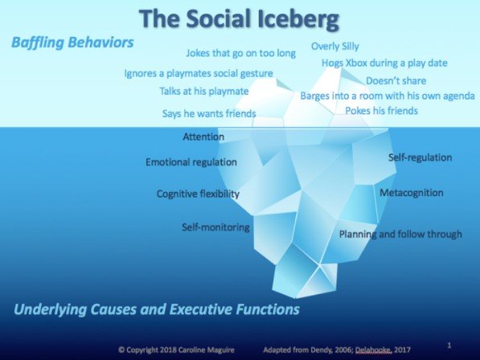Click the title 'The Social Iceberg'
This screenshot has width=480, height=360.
[x=239, y=19]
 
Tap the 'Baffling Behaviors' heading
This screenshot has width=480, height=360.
[x=72, y=43]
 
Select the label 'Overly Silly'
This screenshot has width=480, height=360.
[x=335, y=46]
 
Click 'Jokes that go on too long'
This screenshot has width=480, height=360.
[x=241, y=53]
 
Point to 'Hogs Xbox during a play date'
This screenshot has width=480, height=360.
[x=384, y=63]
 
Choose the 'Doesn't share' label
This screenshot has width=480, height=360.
[x=396, y=80]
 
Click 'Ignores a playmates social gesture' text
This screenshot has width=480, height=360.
[x=199, y=73]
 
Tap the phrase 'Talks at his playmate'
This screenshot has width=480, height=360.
[x=204, y=91]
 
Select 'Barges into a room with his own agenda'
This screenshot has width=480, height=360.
[x=388, y=96]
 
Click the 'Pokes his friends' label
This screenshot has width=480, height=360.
[x=381, y=110]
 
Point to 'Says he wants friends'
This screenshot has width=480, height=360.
[x=209, y=113]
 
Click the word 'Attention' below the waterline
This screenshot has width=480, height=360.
[x=203, y=137]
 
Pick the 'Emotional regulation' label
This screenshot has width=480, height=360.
[x=191, y=162]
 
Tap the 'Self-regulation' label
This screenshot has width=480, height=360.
[x=421, y=157]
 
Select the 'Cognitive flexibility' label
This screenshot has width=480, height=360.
[x=198, y=194]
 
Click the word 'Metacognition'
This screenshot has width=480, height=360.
[x=412, y=193]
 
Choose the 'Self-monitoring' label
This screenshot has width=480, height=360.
[x=215, y=227]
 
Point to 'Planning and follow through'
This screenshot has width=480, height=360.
[x=400, y=235]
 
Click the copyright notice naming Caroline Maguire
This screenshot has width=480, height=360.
[x=177, y=350]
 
